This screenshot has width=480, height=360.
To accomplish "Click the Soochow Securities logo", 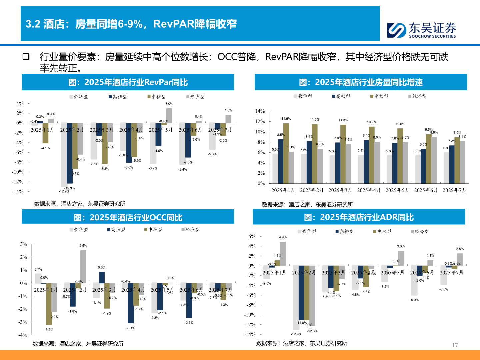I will [x=421, y=30].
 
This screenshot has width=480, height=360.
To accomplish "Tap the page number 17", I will [x=455, y=345].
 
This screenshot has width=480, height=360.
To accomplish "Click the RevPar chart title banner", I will [x=128, y=82].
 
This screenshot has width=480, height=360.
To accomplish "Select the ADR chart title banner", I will [x=359, y=217].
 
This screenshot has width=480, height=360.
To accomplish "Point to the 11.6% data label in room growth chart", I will [x=286, y=119].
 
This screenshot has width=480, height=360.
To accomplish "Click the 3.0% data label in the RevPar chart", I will [x=169, y=104].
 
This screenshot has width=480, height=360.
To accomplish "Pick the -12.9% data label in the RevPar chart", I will [x=64, y=191].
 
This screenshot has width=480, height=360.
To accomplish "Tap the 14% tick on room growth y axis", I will [x=260, y=111].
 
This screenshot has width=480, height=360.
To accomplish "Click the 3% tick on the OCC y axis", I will [x=23, y=244].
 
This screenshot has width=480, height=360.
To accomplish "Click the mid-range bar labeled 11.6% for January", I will [x=286, y=153].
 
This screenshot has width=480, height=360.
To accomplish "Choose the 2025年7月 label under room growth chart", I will [x=454, y=190].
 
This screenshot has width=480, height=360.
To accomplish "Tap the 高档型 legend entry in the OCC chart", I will [x=116, y=230].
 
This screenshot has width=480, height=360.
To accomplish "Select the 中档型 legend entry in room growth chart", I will [x=379, y=96].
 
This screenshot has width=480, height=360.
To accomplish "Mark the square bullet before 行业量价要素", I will [x=26, y=57].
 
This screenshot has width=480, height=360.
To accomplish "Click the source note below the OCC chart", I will [x=78, y=344].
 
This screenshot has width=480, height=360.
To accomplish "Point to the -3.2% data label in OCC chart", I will [x=49, y=330].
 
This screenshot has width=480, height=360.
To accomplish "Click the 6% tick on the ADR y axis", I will [x=252, y=236].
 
